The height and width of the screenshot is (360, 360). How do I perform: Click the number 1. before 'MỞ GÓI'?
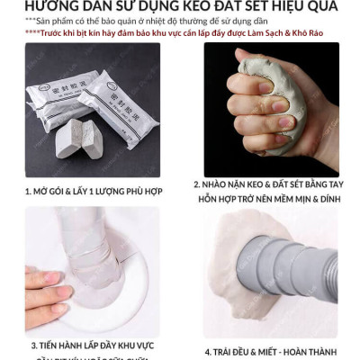click(x=29, y=191)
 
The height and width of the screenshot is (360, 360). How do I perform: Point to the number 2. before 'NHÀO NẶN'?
click(x=196, y=184)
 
